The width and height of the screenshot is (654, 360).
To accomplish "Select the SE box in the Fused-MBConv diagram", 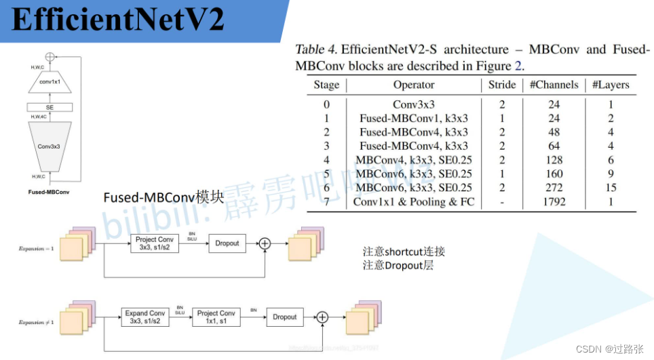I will click(50, 107).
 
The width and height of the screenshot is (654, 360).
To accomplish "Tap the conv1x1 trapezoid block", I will click(50, 81).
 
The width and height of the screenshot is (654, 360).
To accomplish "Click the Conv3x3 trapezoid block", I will click(50, 146).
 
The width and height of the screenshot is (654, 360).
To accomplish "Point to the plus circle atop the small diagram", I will click(50, 58).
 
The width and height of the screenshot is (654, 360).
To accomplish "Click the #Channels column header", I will click(554, 85).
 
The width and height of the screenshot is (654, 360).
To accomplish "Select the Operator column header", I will click(413, 85).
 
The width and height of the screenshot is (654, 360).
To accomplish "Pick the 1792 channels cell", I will click(554, 202).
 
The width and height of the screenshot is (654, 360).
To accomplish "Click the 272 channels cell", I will click(554, 188).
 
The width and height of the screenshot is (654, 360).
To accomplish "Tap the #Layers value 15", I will click(611, 188).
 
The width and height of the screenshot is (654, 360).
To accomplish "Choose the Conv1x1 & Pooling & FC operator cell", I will click(413, 202).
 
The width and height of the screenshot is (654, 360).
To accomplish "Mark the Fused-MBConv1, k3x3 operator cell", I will click(413, 118).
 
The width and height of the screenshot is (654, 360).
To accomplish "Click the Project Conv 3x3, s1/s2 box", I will click(155, 243).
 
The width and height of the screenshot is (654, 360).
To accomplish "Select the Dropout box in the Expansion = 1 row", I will click(227, 243).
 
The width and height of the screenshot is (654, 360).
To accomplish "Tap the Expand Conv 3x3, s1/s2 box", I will click(145, 317).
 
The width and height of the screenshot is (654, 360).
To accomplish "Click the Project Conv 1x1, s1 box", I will click(216, 317).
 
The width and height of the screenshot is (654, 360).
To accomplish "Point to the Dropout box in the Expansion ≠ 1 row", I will click(285, 317).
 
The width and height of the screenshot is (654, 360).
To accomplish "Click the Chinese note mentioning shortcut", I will click(404, 252).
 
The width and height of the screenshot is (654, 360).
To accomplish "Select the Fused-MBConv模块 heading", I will click(163, 198).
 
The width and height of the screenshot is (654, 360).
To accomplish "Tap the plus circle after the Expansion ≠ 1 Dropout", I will click(323, 317).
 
